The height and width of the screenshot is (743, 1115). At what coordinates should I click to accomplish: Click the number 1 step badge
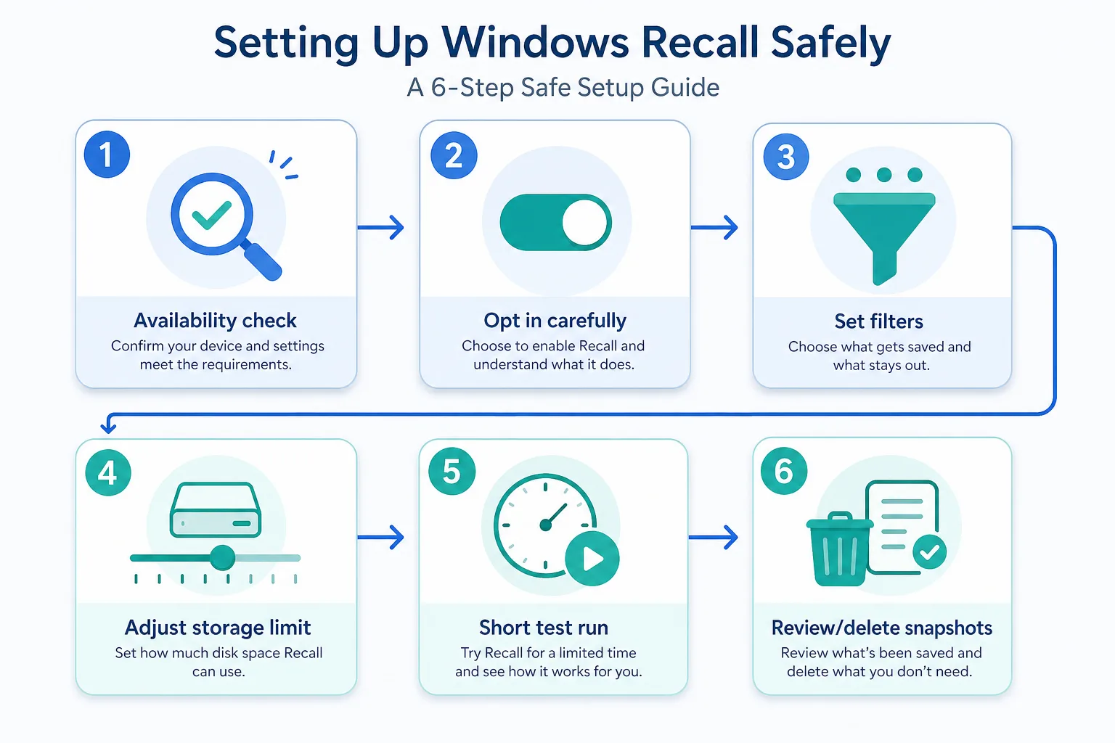(x=107, y=155)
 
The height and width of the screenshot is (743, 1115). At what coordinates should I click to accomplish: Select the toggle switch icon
(x=555, y=222)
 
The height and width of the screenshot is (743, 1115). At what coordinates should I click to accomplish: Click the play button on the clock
(x=592, y=559)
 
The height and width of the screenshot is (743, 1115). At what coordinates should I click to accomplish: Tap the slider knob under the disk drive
(x=222, y=558)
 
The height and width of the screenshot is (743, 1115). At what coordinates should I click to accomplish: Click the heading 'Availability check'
(x=216, y=320)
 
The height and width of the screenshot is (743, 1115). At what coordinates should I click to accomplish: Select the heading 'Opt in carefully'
(x=555, y=320)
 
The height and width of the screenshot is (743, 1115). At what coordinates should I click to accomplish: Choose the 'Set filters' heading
(x=878, y=321)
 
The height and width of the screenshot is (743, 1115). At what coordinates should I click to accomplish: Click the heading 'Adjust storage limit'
(x=218, y=627)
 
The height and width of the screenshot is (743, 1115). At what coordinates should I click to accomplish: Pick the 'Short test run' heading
(x=544, y=627)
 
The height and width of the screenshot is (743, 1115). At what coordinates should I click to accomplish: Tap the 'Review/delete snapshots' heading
(x=881, y=627)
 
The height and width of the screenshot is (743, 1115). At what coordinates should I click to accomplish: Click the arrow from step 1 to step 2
(x=381, y=227)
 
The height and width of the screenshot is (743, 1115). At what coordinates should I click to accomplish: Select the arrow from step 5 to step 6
(x=713, y=538)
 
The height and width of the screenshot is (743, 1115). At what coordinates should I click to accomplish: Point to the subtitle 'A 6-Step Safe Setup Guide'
(x=563, y=87)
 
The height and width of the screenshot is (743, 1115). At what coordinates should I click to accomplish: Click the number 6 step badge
(x=783, y=472)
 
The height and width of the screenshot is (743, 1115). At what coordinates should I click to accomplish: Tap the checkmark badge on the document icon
(x=929, y=553)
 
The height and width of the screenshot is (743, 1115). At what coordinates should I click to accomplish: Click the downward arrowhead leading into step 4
(x=108, y=427)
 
